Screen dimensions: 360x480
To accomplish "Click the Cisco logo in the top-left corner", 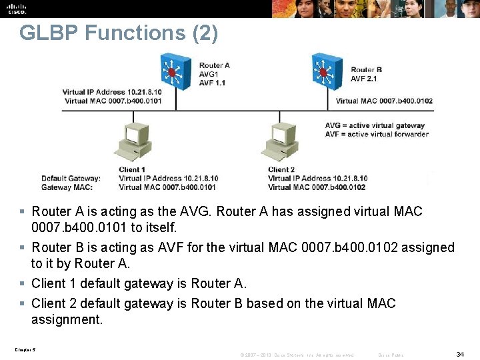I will coord(16,8).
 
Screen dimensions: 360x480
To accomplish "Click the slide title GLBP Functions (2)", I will coord(119,33).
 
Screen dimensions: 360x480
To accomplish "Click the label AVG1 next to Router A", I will coord(208,73).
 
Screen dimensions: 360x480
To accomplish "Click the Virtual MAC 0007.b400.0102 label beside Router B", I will coord(384,101).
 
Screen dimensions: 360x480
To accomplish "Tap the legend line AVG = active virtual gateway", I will coord(375,125).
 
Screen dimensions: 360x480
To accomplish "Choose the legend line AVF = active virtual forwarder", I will coord(377,134).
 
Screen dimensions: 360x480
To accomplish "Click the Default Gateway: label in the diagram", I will coord(71,179).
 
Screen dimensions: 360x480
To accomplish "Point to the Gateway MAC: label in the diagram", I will coord(67,187).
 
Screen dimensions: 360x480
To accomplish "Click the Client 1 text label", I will coord(131,170).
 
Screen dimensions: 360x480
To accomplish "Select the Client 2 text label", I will coord(281,170).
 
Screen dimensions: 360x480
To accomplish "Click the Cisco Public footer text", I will coord(391,355).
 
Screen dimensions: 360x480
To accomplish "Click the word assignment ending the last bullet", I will coord(67,319).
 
